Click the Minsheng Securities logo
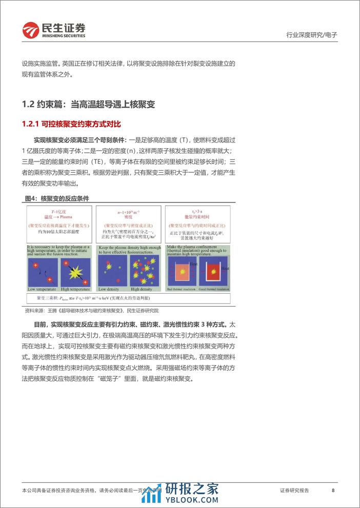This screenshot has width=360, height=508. pos(53,30)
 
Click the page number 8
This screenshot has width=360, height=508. pos(333,491)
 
